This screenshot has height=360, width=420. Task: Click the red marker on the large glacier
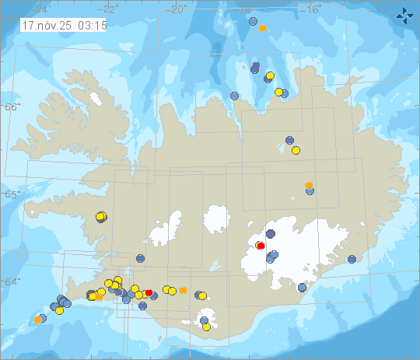tap(261, 246)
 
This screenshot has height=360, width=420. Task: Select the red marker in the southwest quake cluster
tap(149, 292)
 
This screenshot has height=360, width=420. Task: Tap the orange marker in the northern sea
tap(263, 28)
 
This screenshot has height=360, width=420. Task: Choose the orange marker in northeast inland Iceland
tap(310, 185)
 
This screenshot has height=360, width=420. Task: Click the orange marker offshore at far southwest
tap(37, 320)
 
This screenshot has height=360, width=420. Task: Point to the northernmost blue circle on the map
tap(253, 22)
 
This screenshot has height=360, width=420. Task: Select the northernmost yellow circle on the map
tap(270, 75)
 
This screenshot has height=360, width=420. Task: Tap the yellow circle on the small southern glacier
tap(207, 327)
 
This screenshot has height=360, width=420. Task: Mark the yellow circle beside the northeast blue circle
tap(296, 150)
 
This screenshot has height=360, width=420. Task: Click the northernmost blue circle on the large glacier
tap(271, 232)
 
